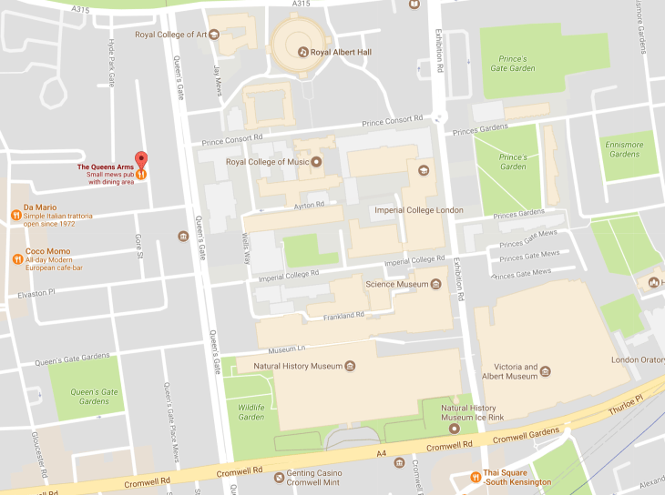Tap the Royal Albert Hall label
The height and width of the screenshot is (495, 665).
(x=341, y=52)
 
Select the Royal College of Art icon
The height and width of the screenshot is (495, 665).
(x=214, y=35)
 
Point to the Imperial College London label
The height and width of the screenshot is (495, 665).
(x=419, y=210)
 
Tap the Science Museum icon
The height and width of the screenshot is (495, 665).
(x=435, y=284)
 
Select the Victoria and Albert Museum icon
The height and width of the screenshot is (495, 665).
(x=546, y=370)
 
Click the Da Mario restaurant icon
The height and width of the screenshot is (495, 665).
(x=15, y=216)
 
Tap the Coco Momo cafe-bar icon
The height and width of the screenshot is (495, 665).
(x=15, y=258)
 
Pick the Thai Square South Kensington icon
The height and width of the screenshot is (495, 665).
(x=476, y=477)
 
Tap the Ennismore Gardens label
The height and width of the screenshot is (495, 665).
(x=624, y=149)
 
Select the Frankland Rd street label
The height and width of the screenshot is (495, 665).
(x=343, y=316)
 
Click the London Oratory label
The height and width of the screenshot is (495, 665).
(x=638, y=359)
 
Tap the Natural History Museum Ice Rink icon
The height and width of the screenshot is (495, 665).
(x=455, y=428)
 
